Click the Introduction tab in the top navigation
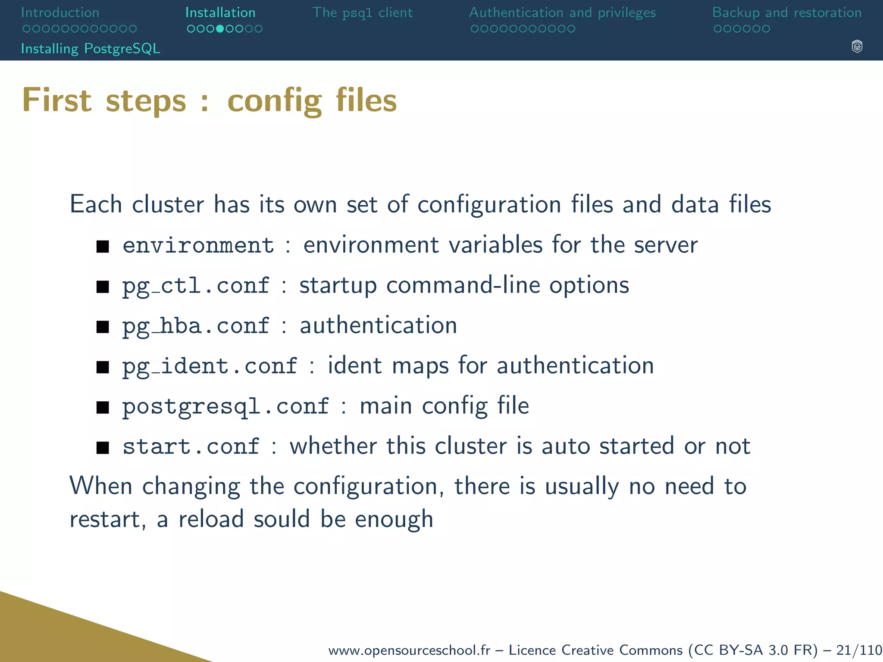(60, 12)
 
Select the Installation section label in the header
(220, 12)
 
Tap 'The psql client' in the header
(362, 12)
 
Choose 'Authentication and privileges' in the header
(562, 12)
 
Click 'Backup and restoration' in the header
(787, 12)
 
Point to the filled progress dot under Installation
(220, 29)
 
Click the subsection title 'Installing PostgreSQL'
(91, 48)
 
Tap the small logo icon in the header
(857, 47)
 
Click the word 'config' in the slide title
(275, 100)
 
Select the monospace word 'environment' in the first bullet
(198, 245)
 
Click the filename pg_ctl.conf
(196, 286)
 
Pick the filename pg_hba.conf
(196, 326)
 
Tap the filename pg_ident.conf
(210, 366)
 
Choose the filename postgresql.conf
(225, 406)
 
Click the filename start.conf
(191, 447)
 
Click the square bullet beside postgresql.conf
(103, 407)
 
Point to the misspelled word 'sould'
(282, 518)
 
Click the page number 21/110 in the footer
(859, 650)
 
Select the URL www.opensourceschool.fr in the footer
(409, 650)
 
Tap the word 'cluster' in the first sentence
(168, 204)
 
